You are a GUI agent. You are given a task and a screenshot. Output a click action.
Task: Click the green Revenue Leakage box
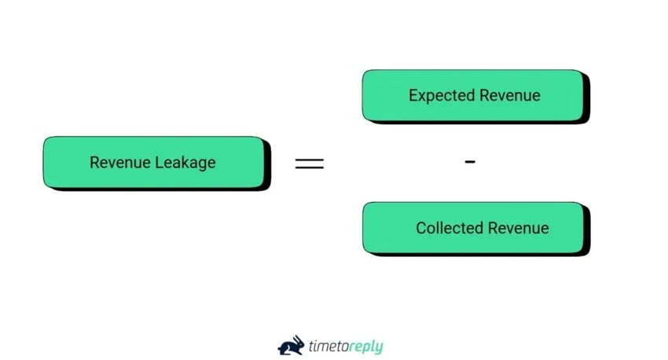(x=154, y=163)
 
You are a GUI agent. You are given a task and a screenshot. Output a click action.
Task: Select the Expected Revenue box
(x=473, y=96)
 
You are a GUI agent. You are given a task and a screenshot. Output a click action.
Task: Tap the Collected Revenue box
(x=473, y=228)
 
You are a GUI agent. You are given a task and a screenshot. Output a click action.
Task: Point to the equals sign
(x=309, y=163)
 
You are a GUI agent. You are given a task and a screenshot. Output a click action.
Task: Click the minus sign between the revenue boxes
(x=470, y=162)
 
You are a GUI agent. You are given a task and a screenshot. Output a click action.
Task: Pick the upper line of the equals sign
(x=309, y=160)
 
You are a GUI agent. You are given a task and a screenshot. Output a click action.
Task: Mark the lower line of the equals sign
(x=309, y=168)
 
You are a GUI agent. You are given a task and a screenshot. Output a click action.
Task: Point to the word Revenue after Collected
(x=517, y=228)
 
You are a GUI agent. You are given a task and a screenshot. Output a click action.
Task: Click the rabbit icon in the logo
(x=291, y=345)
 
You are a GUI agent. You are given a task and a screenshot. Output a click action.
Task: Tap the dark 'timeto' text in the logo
(x=326, y=346)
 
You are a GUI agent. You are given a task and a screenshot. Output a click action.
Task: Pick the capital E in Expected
(x=413, y=96)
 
